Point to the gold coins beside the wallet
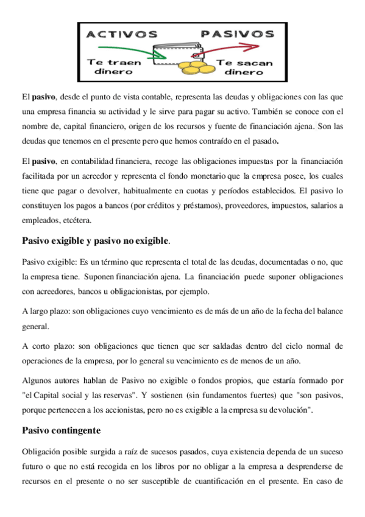coord(196,66)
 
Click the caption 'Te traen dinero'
coord(115,66)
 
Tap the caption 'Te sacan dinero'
coord(244,66)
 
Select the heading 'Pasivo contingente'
coord(61,430)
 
